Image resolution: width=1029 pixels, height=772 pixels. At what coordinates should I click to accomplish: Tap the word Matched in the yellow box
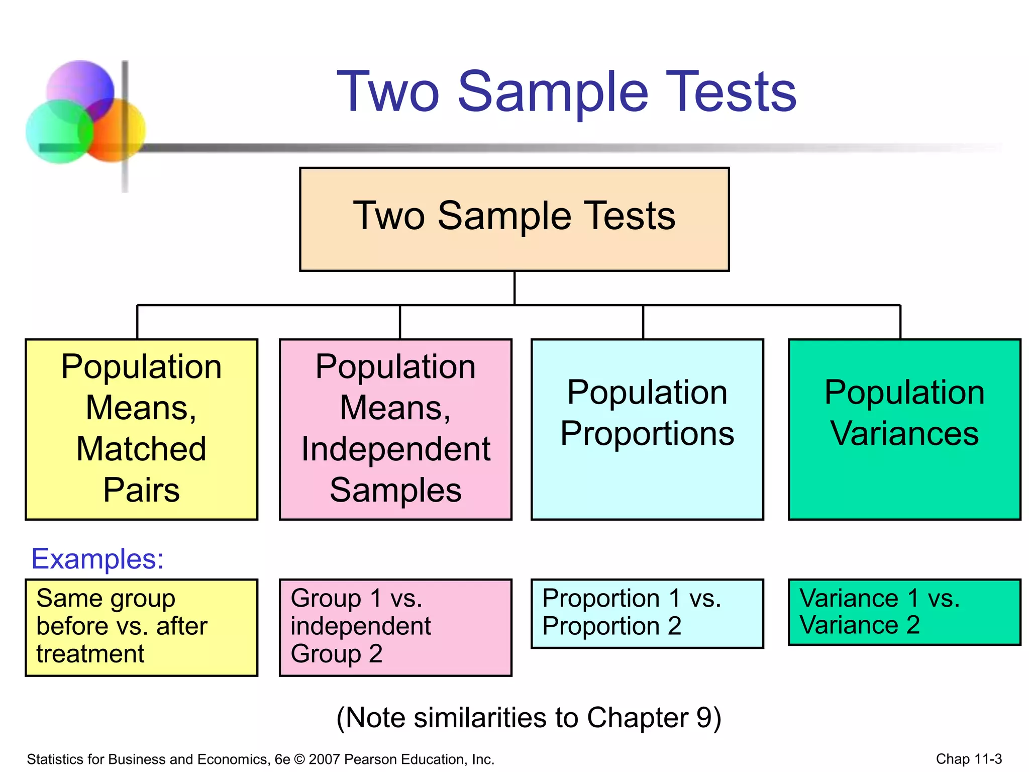point(141,448)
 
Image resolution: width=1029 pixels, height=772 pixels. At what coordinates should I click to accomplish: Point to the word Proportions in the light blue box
point(647,433)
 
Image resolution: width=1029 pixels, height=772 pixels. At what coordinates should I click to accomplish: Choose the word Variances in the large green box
point(904,433)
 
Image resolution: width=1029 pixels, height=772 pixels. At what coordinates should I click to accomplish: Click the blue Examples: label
point(97,558)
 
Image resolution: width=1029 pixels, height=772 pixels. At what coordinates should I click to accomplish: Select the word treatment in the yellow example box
point(90,654)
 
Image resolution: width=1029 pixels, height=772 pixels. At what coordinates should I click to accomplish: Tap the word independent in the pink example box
point(360,626)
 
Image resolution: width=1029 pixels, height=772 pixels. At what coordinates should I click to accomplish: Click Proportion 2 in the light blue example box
point(611,626)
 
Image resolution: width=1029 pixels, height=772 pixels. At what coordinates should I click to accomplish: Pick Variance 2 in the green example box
point(859,625)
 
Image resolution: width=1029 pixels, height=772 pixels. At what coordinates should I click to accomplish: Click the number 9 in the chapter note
point(702,717)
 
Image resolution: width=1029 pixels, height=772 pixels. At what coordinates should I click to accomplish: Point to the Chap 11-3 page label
point(968,759)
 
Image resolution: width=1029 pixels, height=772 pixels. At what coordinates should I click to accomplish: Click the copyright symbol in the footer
point(299,759)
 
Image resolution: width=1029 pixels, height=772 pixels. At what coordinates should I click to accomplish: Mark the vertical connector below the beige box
point(514,288)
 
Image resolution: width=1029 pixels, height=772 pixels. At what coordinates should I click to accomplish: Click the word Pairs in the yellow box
point(141,490)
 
